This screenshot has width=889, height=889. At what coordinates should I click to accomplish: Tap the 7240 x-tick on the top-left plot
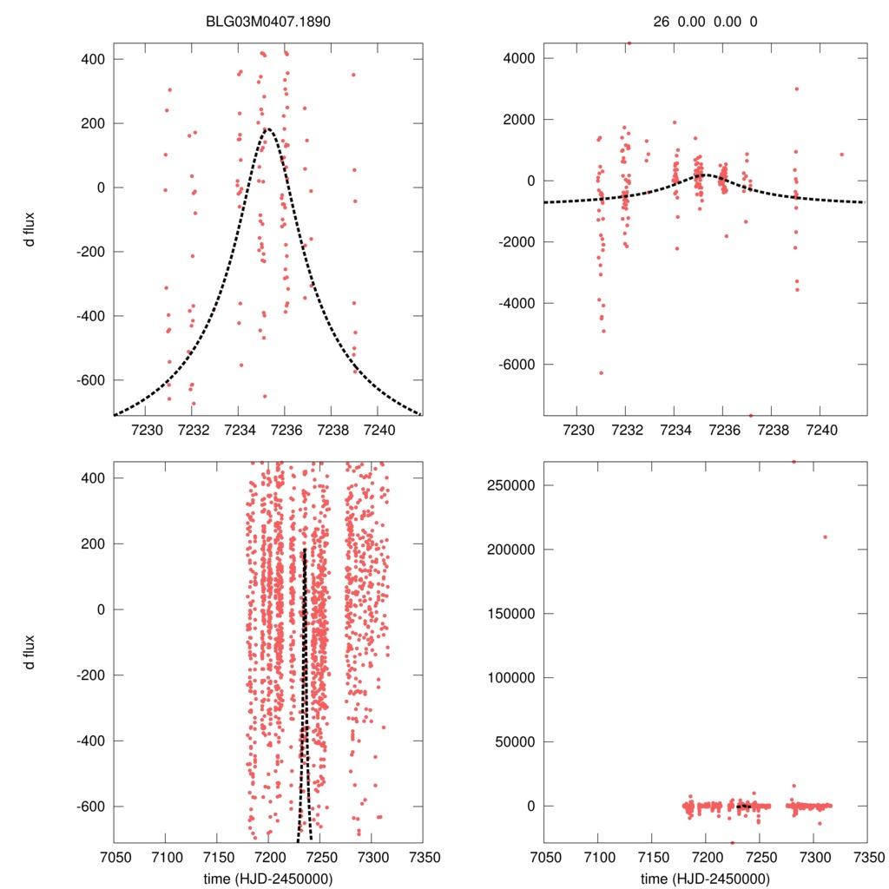pyautogui.click(x=379, y=430)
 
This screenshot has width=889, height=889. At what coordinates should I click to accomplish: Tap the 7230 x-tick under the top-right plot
pyautogui.click(x=577, y=430)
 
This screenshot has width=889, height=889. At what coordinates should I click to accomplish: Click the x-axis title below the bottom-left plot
pyautogui.click(x=269, y=878)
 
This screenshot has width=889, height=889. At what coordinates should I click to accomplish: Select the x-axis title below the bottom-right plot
pyautogui.click(x=706, y=878)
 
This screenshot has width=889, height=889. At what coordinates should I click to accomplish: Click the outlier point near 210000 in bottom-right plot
pyautogui.click(x=825, y=537)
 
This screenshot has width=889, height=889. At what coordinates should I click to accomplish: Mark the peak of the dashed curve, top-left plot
pyautogui.click(x=267, y=128)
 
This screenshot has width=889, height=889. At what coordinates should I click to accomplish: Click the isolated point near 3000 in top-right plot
pyautogui.click(x=796, y=89)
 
